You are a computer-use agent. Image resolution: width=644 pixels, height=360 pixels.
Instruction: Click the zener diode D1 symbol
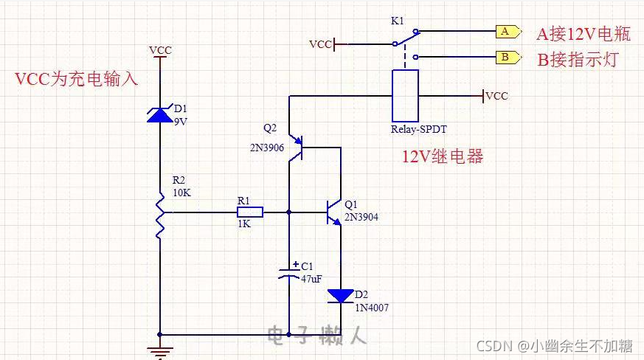tap(160, 114)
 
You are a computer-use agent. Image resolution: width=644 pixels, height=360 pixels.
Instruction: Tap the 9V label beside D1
tap(180, 122)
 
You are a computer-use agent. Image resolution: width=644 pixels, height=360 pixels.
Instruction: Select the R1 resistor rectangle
tap(249, 212)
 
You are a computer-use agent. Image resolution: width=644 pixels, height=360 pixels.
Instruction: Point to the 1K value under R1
tap(243, 224)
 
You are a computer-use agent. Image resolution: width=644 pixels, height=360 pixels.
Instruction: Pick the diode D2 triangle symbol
tap(341, 296)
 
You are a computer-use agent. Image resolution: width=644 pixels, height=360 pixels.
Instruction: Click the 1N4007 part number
tap(371, 308)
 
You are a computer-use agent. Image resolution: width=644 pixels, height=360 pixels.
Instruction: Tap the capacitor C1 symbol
tap(288, 272)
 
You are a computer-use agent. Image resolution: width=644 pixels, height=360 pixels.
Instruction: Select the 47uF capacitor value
tap(312, 279)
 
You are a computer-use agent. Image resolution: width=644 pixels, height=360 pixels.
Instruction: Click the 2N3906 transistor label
tap(266, 147)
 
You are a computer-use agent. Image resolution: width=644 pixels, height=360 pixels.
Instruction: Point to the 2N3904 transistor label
tap(361, 216)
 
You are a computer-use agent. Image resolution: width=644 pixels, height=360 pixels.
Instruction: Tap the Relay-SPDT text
tap(419, 129)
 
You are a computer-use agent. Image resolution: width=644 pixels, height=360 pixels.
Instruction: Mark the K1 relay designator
tap(397, 21)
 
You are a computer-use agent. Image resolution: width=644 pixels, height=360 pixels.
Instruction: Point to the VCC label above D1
tap(160, 50)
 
